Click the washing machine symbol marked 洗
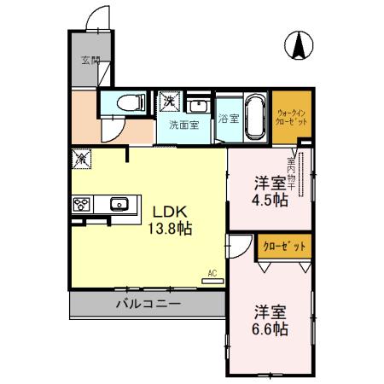169,101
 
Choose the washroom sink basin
198,107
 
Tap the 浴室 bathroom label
227,118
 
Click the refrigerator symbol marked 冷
83,159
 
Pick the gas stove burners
83,203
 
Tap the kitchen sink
118,203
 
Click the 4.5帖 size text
271,201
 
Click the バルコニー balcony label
148,304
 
